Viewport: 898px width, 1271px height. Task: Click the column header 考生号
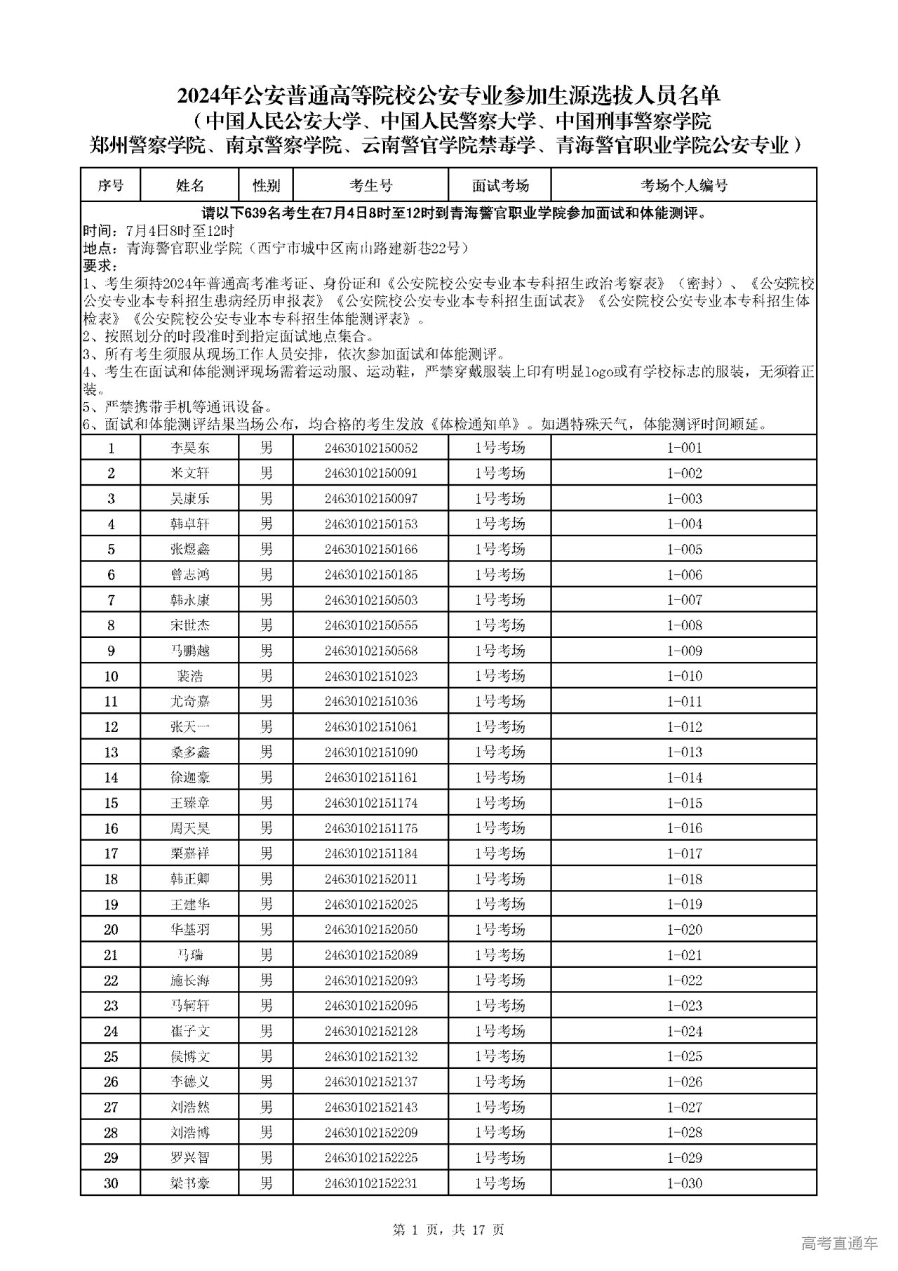(370, 185)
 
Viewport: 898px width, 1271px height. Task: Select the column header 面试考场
(500, 185)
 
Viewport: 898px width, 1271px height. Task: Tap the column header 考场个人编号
(683, 185)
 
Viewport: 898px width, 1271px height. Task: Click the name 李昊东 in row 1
(189, 448)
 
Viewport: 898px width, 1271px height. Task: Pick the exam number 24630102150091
(370, 473)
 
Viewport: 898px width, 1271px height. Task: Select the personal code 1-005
(683, 550)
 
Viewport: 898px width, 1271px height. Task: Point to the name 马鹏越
(189, 651)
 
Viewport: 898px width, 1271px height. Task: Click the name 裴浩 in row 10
(189, 676)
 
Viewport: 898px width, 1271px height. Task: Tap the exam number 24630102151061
(370, 726)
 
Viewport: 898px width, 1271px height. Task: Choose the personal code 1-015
(683, 803)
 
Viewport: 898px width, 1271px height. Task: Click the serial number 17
(111, 853)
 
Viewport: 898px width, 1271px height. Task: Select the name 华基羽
(189, 929)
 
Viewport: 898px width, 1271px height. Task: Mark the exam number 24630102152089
(370, 954)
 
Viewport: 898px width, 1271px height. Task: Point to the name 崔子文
(189, 1031)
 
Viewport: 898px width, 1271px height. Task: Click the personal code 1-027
(683, 1107)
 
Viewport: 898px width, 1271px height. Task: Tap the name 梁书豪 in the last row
(189, 1183)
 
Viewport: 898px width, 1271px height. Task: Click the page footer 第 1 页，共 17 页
(448, 1229)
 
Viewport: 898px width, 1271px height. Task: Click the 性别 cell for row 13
(266, 752)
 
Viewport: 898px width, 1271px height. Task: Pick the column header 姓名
(189, 185)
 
